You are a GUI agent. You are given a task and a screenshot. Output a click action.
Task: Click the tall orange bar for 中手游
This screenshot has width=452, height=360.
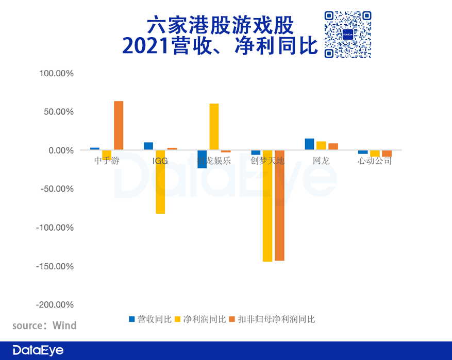[119, 126]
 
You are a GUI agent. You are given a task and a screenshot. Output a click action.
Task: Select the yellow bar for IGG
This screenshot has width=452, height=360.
[160, 182]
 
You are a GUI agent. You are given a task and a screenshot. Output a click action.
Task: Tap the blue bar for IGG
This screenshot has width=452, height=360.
[148, 146]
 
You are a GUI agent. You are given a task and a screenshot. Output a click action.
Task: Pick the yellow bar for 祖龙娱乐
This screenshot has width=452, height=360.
[214, 127]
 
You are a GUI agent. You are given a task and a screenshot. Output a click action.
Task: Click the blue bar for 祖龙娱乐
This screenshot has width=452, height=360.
[202, 159]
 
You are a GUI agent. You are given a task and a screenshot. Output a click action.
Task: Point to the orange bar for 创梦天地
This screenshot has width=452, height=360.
[279, 205]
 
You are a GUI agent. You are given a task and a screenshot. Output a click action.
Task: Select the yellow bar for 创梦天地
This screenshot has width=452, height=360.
[267, 206]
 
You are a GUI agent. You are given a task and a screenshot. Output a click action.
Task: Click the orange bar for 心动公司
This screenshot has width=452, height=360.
[387, 153]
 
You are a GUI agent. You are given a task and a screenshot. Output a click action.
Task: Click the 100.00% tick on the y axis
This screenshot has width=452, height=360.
[57, 74]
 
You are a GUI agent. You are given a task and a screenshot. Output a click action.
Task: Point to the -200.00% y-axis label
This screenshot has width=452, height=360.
[55, 305]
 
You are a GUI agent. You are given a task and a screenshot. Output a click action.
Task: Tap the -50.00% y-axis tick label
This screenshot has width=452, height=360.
[57, 189]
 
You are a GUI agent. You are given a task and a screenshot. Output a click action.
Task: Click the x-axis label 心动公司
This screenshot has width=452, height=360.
[375, 161]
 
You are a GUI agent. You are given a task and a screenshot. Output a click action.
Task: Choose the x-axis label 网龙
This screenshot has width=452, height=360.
[321, 161]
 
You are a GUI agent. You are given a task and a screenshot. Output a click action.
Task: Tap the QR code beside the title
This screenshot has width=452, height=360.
[348, 34]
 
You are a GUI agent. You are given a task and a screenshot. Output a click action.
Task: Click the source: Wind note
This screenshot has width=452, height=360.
[44, 325]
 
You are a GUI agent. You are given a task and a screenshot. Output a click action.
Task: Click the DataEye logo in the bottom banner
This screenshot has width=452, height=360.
[38, 350]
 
